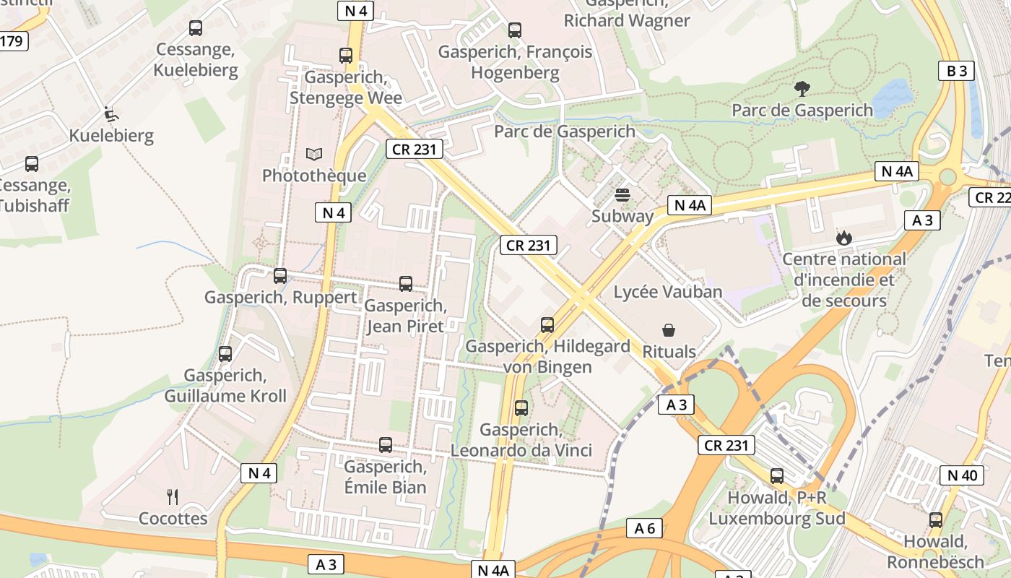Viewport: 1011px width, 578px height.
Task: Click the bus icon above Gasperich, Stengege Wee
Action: (346, 56)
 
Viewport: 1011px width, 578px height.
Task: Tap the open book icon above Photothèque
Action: (313, 154)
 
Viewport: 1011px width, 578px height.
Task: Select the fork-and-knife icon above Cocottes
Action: (173, 497)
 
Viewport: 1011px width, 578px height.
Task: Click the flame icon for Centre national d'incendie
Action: (843, 237)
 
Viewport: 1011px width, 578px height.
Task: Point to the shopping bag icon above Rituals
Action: (669, 330)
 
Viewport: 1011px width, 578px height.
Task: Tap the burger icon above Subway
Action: (622, 194)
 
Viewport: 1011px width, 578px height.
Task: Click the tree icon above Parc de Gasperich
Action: (802, 89)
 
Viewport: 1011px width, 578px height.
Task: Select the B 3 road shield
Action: (956, 71)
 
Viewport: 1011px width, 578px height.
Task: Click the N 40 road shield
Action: (961, 475)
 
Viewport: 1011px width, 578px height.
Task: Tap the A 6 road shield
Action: (644, 528)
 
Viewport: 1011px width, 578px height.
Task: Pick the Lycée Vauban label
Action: (667, 292)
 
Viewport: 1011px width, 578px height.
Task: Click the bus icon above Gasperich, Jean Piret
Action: (406, 284)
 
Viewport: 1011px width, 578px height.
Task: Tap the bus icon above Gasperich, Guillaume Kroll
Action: (225, 354)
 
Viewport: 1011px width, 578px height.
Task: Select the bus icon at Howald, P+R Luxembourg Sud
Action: (777, 476)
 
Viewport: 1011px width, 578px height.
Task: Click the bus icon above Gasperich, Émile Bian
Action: (386, 445)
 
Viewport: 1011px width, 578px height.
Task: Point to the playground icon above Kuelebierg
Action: (110, 114)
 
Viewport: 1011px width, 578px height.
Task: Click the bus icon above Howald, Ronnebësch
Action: (936, 520)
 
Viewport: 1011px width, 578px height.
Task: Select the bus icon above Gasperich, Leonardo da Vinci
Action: (521, 408)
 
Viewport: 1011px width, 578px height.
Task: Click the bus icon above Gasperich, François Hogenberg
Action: (515, 30)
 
